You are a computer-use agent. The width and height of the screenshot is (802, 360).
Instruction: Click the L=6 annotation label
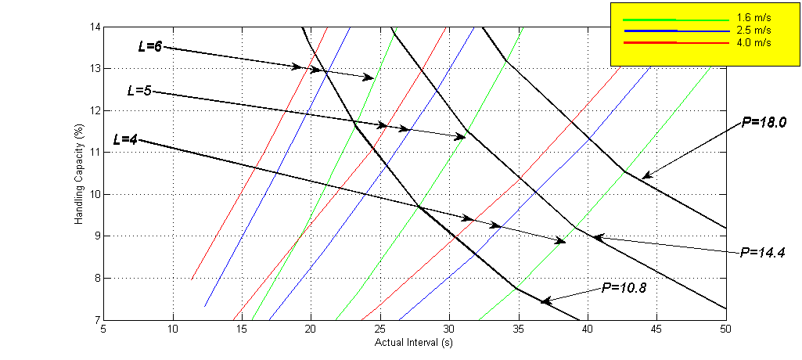click(x=149, y=46)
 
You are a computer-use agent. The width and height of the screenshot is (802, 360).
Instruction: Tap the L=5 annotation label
click(x=138, y=91)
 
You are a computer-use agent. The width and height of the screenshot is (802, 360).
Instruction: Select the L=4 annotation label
click(x=125, y=140)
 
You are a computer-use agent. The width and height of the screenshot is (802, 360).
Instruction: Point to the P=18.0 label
click(x=764, y=122)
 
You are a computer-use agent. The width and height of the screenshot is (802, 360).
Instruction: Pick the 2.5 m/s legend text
click(x=754, y=30)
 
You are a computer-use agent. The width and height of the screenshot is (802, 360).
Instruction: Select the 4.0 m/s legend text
click(x=754, y=42)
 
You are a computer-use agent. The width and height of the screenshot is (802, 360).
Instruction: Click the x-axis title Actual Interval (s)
click(x=415, y=342)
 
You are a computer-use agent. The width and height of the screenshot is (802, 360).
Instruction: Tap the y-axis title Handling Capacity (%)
click(x=79, y=173)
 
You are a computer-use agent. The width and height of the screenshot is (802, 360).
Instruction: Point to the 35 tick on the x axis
click(x=518, y=329)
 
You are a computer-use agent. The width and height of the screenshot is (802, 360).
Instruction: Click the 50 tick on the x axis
click(x=725, y=329)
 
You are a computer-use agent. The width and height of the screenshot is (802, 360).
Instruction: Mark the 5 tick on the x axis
click(x=103, y=329)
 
